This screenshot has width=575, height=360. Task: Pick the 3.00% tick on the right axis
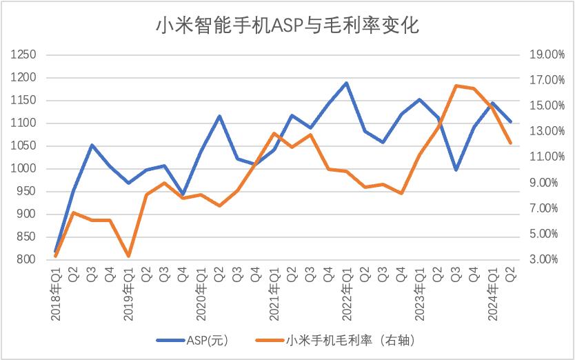pyautogui.click(x=546, y=259)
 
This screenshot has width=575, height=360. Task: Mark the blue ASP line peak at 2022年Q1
pyautogui.click(x=346, y=83)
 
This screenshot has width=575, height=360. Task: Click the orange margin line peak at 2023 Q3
pyautogui.click(x=456, y=86)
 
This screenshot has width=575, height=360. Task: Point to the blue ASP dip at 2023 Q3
pyautogui.click(x=456, y=170)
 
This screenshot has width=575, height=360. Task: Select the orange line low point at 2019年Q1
pyautogui.click(x=128, y=257)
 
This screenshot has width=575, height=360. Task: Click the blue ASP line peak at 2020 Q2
pyautogui.click(x=219, y=116)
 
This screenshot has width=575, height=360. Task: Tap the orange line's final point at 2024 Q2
pyautogui.click(x=510, y=143)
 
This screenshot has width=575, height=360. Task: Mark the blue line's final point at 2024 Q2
pyautogui.click(x=510, y=122)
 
